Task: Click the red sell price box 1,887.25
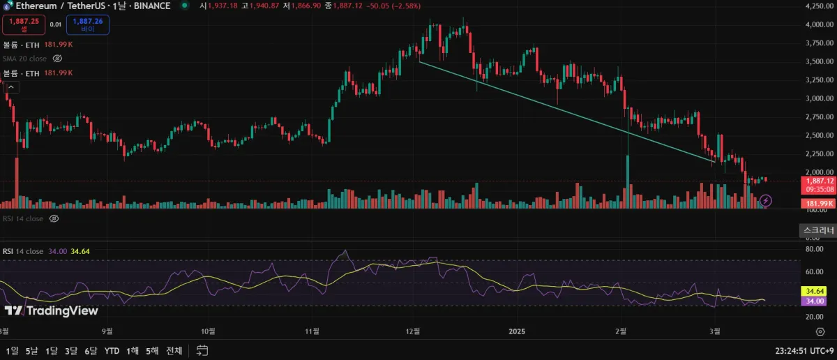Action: pos(24,24)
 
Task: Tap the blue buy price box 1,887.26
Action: pos(88,24)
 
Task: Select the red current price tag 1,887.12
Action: pos(817,180)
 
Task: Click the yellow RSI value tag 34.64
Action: pos(815,290)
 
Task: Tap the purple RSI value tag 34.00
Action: pos(815,301)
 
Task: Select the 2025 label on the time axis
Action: pos(517,331)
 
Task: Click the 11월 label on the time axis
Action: pos(312,331)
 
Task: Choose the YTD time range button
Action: pos(112,350)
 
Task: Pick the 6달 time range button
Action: pos(91,350)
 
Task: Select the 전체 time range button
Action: pos(174,350)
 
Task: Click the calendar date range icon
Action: pos(202,350)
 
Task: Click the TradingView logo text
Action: pos(52,310)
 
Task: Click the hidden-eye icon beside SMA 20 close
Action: pos(58,59)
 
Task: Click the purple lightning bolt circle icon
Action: pos(766,201)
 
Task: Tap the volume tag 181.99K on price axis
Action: pos(816,202)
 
